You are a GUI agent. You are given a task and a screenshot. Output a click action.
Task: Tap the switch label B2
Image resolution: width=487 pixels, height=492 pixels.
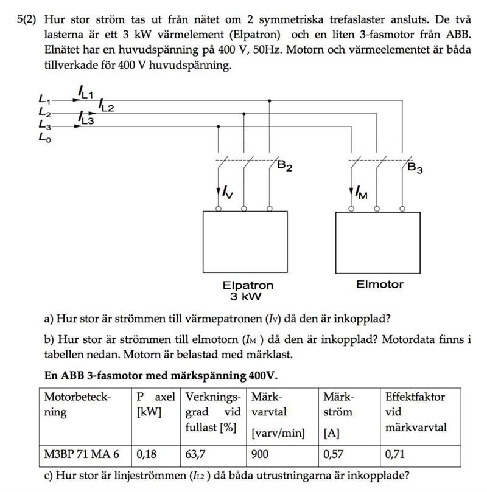click(x=285, y=166)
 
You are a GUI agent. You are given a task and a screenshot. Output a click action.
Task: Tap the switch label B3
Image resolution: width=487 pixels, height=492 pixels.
click(x=416, y=167)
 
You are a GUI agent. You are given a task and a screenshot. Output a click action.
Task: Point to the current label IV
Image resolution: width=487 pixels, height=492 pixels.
click(x=226, y=193)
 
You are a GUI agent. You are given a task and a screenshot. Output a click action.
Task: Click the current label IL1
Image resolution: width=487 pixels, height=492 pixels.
click(x=85, y=92)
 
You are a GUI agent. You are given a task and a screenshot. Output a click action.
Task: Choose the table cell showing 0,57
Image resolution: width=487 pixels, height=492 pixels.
click(x=333, y=454)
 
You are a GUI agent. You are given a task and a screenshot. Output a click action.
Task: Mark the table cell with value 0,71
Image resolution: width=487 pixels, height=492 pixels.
click(x=395, y=454)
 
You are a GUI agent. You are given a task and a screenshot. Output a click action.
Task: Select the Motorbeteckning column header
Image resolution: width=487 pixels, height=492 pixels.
click(x=77, y=404)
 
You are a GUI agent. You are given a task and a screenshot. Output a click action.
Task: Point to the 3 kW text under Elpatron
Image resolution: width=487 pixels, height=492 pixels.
click(x=245, y=297)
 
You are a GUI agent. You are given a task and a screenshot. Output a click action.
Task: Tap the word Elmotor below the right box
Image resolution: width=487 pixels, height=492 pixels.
click(x=380, y=284)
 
